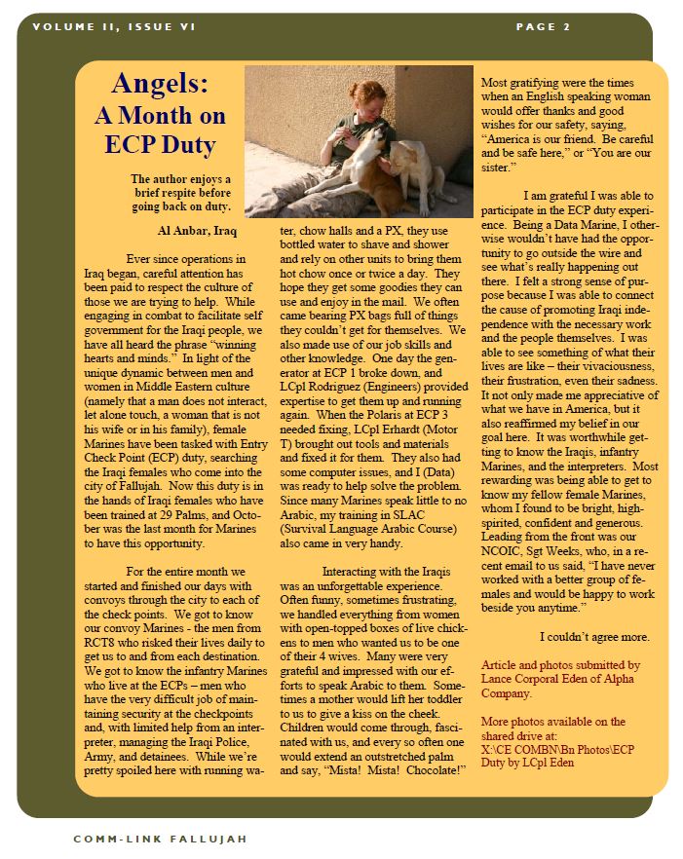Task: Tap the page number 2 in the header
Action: (x=565, y=27)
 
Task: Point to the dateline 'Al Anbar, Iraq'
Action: (x=196, y=231)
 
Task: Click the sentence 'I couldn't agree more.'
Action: (x=594, y=637)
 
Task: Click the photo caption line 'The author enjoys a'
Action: (x=181, y=179)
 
